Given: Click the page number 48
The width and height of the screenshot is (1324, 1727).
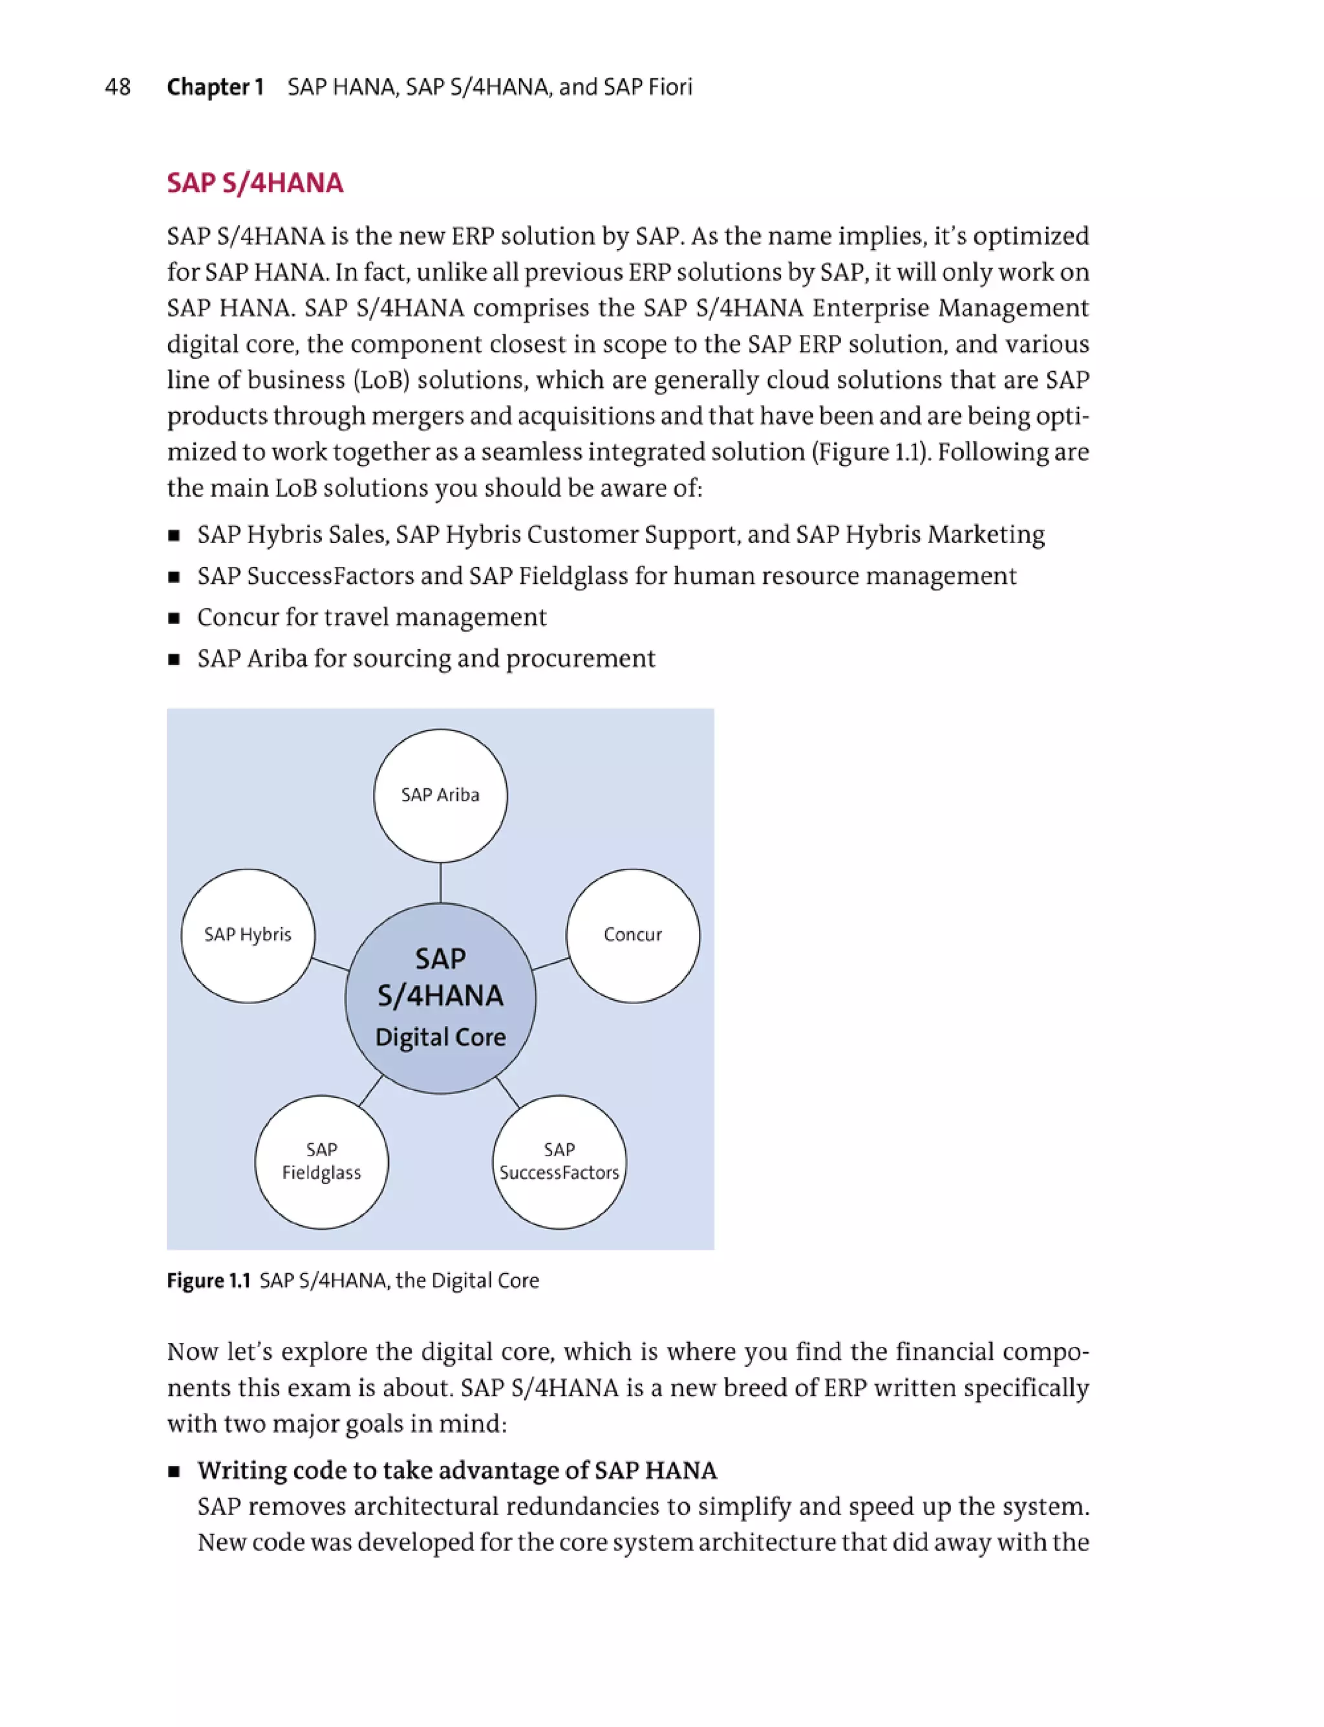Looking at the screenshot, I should (x=118, y=87).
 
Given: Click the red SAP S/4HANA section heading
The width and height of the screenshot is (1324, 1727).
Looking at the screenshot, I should (x=255, y=183).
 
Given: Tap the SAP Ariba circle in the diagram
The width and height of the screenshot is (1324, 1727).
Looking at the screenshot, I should (x=440, y=795).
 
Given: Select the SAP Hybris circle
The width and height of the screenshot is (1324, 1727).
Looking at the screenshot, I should (x=248, y=935).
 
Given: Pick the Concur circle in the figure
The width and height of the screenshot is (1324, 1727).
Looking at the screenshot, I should (x=632, y=935).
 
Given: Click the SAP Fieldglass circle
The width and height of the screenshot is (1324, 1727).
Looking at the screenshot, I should (x=321, y=1161).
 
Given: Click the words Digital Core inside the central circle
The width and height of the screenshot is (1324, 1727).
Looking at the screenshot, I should (x=440, y=1036).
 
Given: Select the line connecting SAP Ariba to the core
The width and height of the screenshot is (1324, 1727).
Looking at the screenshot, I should (x=440, y=883).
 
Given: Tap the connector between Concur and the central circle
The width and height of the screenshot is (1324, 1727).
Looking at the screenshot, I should (x=550, y=963).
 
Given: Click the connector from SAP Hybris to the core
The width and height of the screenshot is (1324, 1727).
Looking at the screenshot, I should (x=330, y=964).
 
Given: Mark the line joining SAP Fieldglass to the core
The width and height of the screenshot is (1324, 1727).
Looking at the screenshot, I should (x=370, y=1091).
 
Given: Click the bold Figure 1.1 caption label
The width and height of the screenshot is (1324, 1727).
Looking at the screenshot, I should (x=208, y=1281).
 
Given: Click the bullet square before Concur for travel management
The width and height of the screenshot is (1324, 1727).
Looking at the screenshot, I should (x=173, y=618).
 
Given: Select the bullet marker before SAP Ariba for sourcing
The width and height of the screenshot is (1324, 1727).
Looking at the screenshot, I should (x=173, y=660).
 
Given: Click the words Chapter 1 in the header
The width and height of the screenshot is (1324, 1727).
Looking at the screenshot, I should (x=215, y=87).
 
